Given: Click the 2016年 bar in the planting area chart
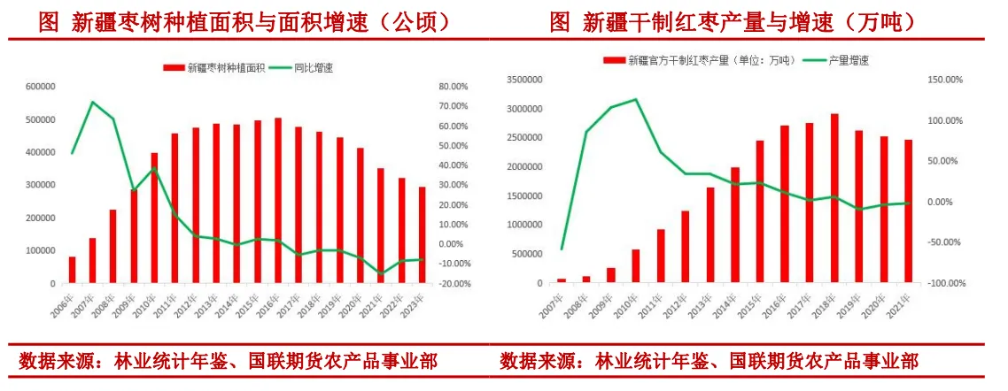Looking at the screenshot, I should (x=277, y=201).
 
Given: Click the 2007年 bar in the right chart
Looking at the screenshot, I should (x=561, y=280).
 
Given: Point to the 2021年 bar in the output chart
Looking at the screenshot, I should (x=908, y=211).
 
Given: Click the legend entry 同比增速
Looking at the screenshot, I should (x=313, y=68).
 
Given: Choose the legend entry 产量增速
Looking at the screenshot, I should (x=848, y=60).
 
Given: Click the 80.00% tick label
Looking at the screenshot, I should (x=454, y=87).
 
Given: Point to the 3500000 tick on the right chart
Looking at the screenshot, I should (x=523, y=80).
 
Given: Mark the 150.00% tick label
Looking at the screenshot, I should (x=945, y=80).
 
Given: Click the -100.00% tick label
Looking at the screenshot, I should (x=943, y=283).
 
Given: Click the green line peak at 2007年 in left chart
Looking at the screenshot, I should (x=93, y=102).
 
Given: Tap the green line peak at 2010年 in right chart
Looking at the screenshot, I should (x=635, y=99).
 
